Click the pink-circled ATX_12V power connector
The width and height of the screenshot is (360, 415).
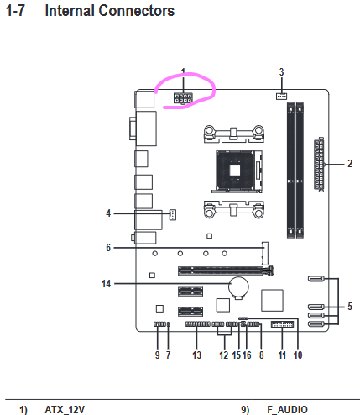coord(183,98)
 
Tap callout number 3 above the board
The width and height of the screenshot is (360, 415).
coord(281,72)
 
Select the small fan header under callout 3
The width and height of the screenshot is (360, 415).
coord(281,96)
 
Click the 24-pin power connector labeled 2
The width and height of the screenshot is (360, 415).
coord(319,165)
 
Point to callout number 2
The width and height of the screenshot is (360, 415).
coord(350,164)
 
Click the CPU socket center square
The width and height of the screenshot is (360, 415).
coord(236,171)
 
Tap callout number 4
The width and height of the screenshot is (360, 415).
coord(108,213)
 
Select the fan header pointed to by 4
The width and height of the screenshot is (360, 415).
coord(173,214)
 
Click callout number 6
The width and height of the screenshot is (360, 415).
coord(108,248)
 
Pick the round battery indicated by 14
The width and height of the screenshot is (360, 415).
coord(238,286)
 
